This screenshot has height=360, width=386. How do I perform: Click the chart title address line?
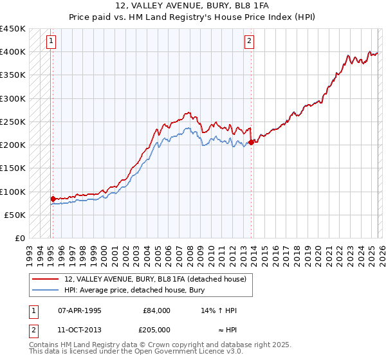pyautogui.click(x=192, y=6)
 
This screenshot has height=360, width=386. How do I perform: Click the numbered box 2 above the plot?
pyautogui.click(x=249, y=42)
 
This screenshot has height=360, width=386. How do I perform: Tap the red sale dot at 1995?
pyautogui.click(x=53, y=199)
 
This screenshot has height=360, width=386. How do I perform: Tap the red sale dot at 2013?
pyautogui.click(x=251, y=143)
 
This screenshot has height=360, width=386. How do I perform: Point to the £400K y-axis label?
pyautogui.click(x=13, y=52)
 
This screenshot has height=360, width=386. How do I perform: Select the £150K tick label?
pyautogui.click(x=13, y=168)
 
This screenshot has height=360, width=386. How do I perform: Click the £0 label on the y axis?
pyautogui.click(x=19, y=239)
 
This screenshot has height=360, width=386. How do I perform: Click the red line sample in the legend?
pyautogui.click(x=46, y=279)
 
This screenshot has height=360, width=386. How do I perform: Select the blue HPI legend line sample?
pyautogui.click(x=46, y=290)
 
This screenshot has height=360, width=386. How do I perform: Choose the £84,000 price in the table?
pyautogui.click(x=156, y=310)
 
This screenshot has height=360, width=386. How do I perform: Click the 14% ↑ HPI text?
pyautogui.click(x=219, y=310)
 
